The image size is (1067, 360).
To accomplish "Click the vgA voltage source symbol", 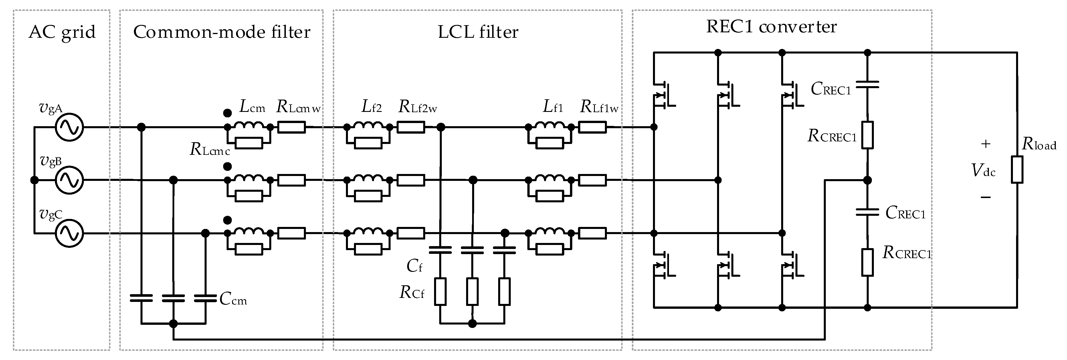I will click(69, 127).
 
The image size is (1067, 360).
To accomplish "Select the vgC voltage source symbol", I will click(69, 234).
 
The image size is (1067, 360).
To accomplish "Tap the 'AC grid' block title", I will click(62, 32).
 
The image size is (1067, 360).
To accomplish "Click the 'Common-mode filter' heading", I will click(221, 32).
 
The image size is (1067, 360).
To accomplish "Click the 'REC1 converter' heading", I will click(771, 27).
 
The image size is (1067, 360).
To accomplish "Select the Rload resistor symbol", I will click(1017, 169).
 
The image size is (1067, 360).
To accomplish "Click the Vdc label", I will click(983, 170).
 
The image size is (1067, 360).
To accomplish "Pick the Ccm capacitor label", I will click(233, 299).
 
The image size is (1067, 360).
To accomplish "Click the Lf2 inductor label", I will click(371, 107).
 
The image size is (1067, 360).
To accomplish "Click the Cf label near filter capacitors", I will click(414, 266).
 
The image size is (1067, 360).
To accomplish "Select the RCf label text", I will click(412, 292).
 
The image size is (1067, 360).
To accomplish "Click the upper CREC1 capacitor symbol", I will click(867, 85).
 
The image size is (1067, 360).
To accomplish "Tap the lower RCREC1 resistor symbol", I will click(867, 262).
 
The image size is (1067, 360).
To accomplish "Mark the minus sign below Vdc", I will click(986, 197).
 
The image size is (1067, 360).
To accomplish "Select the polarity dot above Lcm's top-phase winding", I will click(227, 113).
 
